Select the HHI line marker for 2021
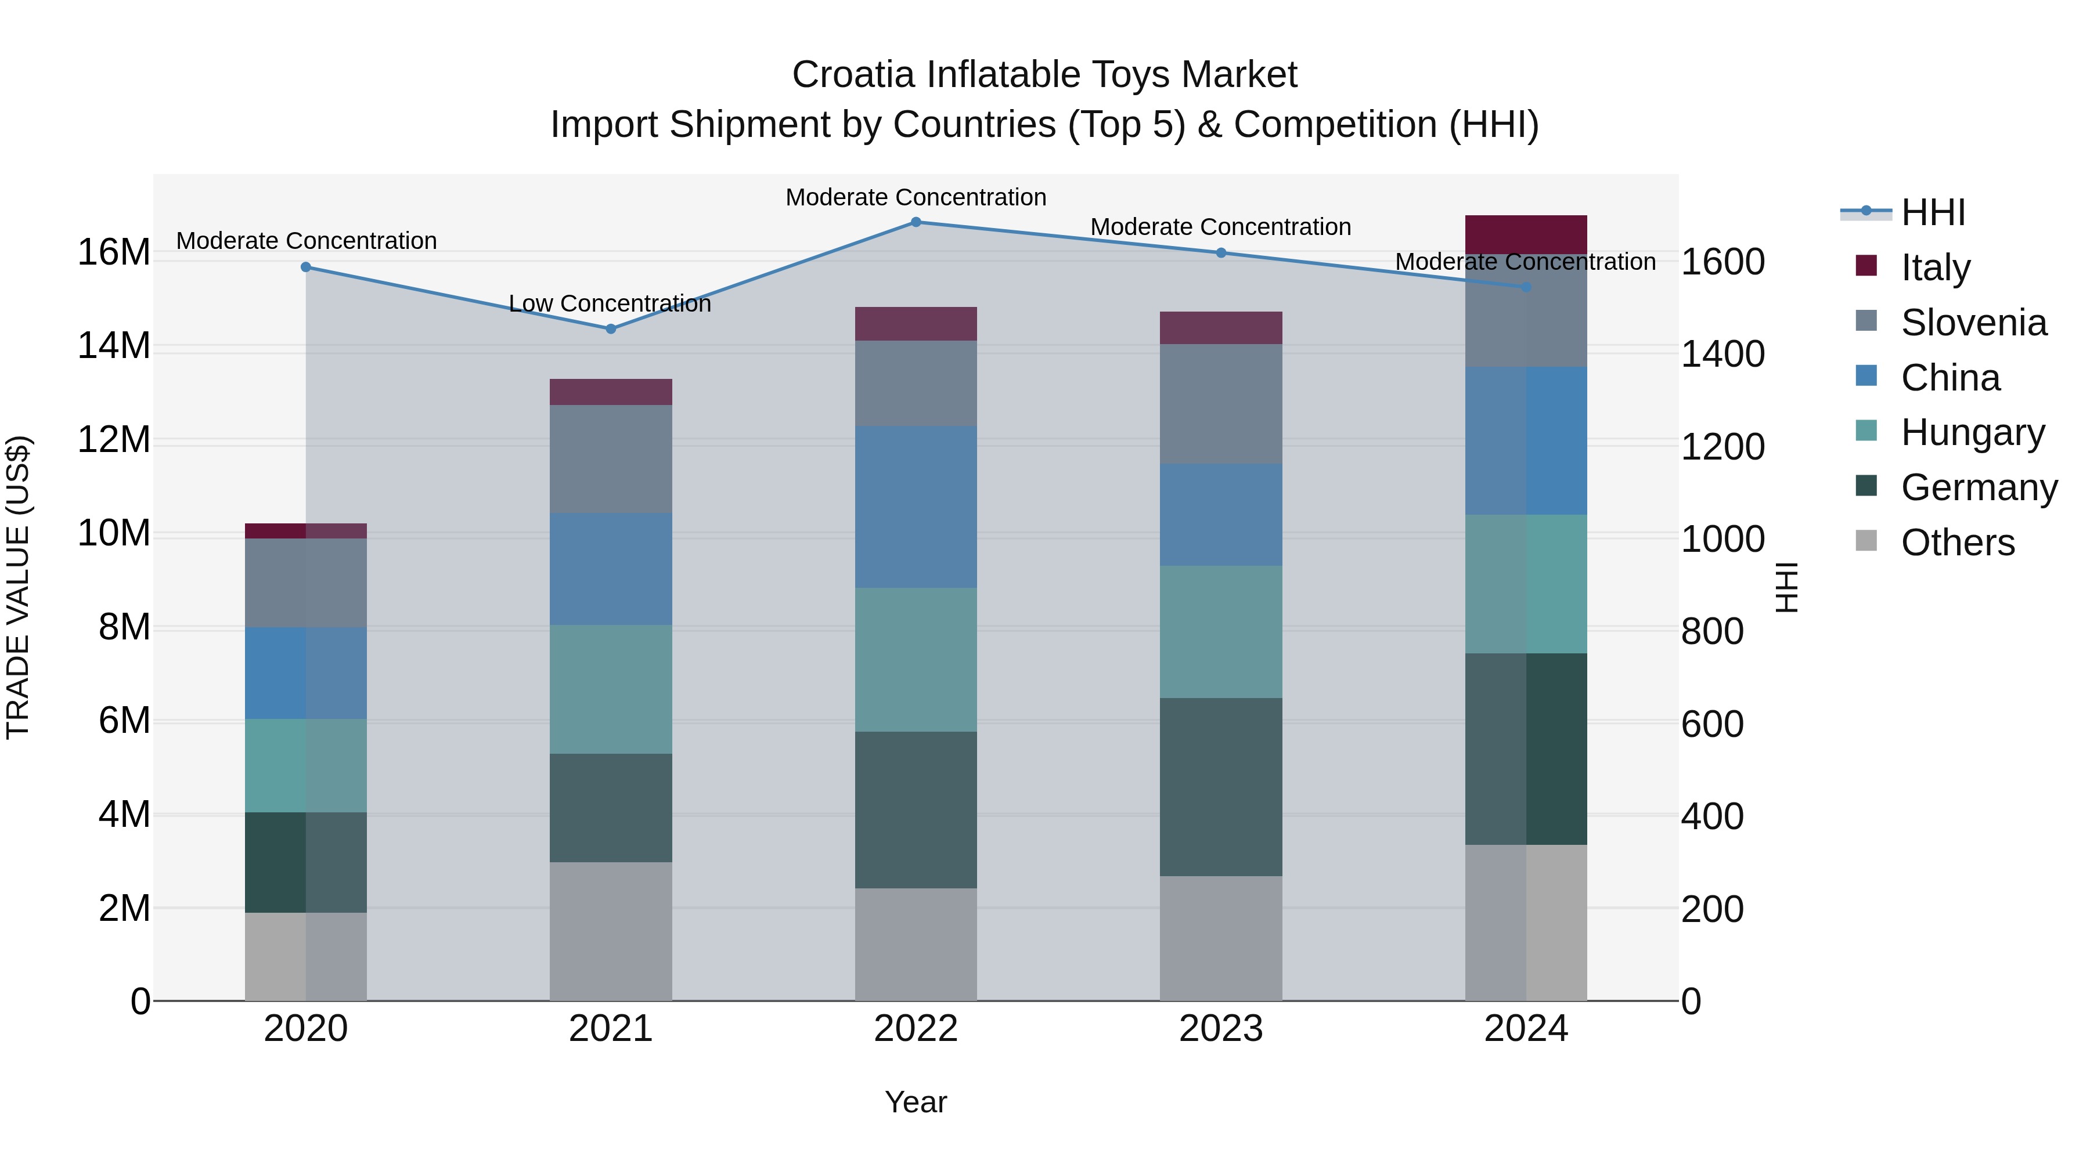[x=611, y=328]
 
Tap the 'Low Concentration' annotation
[x=610, y=303]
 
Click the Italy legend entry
[x=1934, y=267]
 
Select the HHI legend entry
[x=1932, y=212]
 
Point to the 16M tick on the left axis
[x=114, y=252]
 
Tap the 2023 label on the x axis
[x=1220, y=1028]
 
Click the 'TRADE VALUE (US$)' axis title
[x=18, y=587]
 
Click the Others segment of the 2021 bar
[x=611, y=930]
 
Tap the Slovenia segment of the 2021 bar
[x=611, y=458]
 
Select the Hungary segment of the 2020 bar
[x=306, y=765]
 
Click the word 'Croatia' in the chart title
[x=853, y=75]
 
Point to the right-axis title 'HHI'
[x=1786, y=587]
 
